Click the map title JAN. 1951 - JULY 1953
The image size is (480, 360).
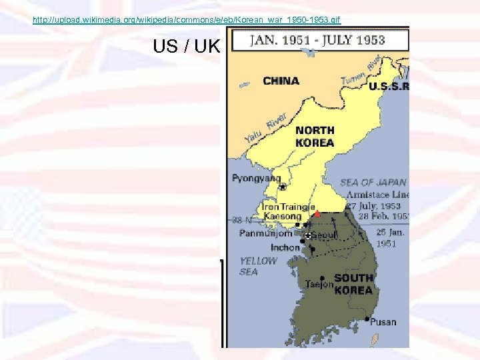317,39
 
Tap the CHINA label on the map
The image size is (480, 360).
281,81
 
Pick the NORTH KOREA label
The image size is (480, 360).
315,136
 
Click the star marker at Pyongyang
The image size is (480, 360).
283,187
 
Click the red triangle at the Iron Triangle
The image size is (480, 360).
317,215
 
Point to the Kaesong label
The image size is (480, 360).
282,216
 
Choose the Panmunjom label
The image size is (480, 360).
266,233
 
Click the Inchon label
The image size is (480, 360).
285,248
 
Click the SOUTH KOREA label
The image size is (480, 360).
353,284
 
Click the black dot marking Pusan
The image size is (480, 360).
367,319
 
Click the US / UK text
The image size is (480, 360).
186,47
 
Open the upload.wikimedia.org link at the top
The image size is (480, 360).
186,20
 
